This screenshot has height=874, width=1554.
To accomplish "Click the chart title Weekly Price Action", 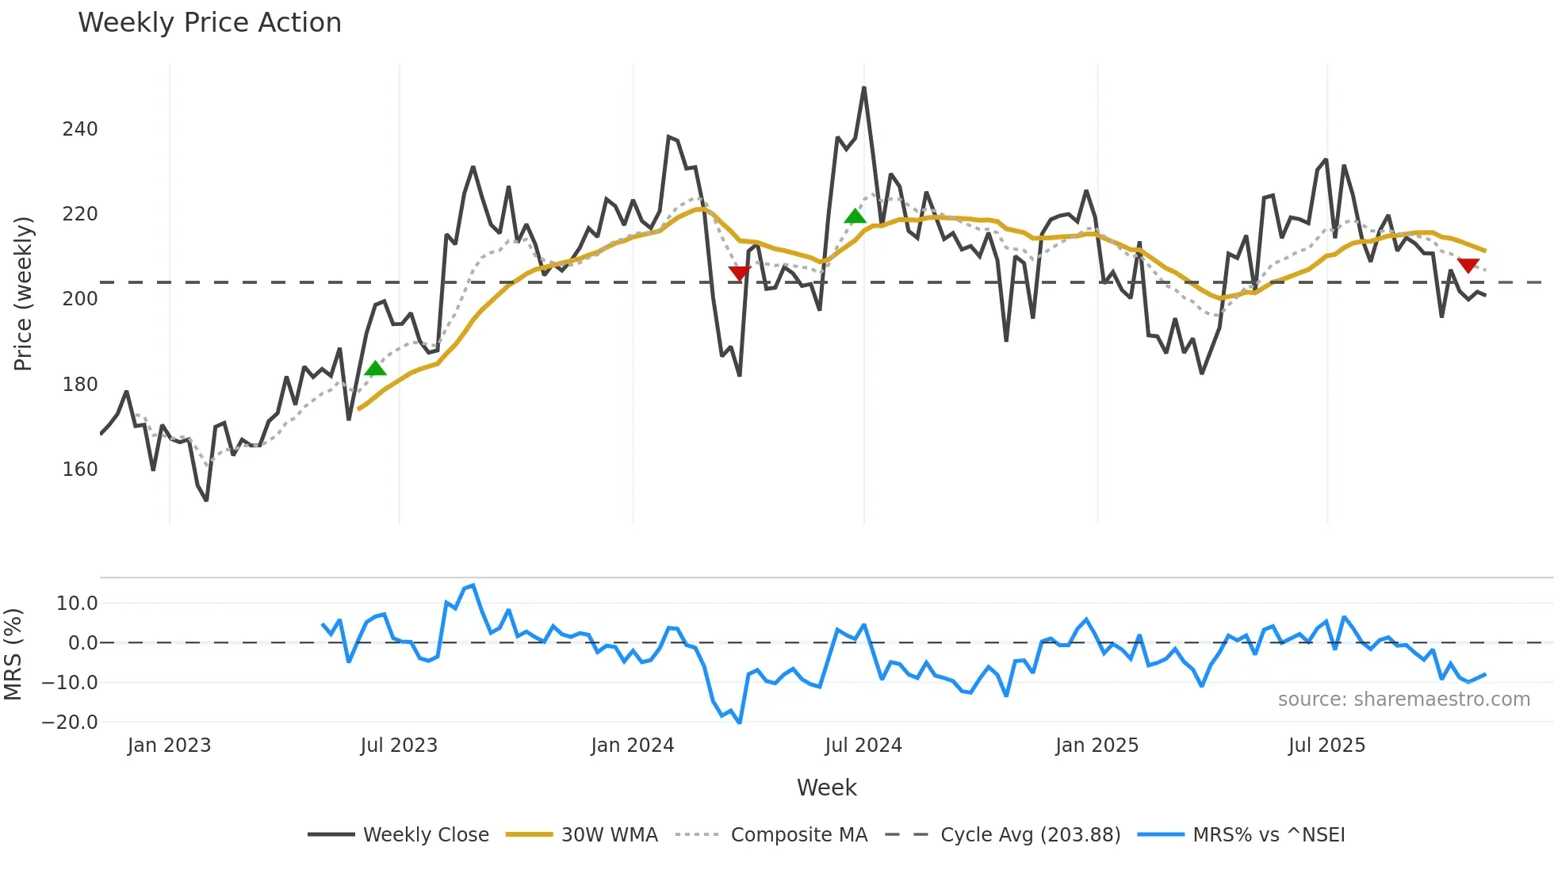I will (209, 23).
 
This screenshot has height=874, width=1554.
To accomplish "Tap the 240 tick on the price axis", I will (80, 129).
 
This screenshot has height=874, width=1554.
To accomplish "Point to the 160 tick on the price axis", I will (80, 470).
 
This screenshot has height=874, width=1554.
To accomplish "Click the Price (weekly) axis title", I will (24, 293).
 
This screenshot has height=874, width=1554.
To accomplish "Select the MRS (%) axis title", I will (13, 654).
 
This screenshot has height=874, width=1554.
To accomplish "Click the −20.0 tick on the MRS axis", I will (70, 723).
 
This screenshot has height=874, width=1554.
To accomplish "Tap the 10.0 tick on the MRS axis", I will (77, 604).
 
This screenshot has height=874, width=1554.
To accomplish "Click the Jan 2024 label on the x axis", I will (632, 746).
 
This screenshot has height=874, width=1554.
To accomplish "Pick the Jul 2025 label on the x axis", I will (1326, 746).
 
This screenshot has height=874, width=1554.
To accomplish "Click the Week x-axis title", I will (826, 788).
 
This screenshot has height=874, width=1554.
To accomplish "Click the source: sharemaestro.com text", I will (1403, 700).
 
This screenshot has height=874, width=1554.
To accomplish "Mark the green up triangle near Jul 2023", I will (375, 368).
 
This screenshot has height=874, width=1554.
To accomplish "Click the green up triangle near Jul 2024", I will (855, 216).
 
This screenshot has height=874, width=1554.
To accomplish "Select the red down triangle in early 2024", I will (739, 274).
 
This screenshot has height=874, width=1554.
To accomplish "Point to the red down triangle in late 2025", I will (1468, 266).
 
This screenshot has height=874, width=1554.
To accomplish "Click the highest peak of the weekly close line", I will (863, 88).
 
